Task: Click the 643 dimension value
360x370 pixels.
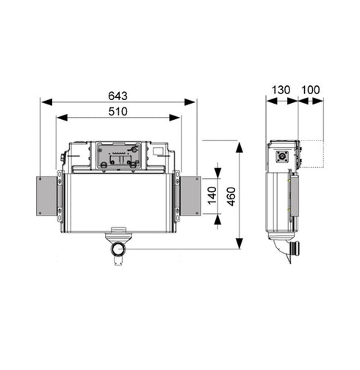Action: point(118,95)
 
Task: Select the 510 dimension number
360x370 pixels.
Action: point(118,111)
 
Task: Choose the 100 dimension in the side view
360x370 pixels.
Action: point(312,90)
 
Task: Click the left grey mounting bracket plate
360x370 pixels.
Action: point(46,196)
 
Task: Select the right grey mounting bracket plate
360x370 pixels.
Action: point(190,196)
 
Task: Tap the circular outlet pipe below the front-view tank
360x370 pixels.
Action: point(117,250)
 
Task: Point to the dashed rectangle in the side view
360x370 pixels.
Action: point(313,153)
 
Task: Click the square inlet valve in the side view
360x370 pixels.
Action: point(281,156)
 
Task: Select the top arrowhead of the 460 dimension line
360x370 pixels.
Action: point(240,144)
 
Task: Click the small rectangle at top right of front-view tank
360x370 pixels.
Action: point(158,152)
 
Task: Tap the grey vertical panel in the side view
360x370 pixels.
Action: point(292,199)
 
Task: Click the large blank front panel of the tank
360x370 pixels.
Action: point(118,202)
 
